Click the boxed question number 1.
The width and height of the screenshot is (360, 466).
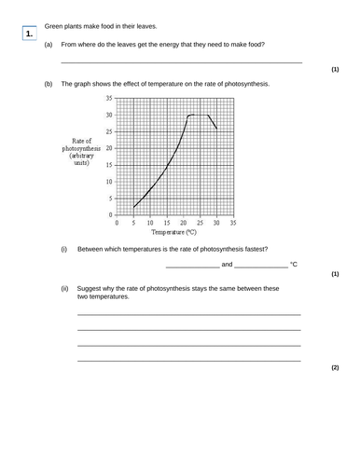click(x=30, y=34)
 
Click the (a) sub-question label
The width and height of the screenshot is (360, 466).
click(x=48, y=45)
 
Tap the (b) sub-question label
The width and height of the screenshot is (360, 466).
click(x=48, y=84)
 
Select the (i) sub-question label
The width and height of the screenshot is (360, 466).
click(x=64, y=249)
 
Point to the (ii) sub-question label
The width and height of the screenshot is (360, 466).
click(x=65, y=288)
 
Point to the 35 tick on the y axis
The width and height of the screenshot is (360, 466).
click(x=109, y=98)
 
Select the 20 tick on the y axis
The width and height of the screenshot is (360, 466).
click(x=109, y=148)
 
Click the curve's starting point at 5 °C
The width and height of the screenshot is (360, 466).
click(x=133, y=207)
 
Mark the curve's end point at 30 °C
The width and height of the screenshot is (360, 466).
click(x=216, y=129)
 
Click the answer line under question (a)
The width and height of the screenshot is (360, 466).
click(x=180, y=62)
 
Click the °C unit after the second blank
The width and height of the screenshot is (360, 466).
click(x=294, y=265)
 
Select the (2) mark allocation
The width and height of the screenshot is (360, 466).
click(x=335, y=368)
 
